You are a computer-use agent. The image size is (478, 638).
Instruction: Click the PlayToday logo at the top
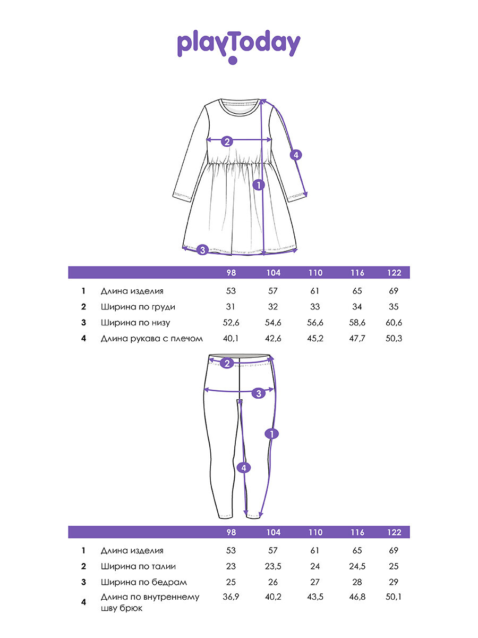tap(238, 46)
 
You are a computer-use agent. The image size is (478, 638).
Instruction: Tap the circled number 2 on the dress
tap(227, 141)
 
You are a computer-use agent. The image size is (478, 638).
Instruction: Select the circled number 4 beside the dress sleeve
tap(296, 155)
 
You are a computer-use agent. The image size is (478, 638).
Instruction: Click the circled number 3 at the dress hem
tap(202, 249)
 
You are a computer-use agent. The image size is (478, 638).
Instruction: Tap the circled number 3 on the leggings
tap(259, 393)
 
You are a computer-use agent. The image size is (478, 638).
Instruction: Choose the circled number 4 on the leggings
tap(243, 467)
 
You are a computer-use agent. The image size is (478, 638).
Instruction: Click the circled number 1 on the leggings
tap(271, 434)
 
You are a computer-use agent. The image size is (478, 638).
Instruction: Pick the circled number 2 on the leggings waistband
tap(227, 364)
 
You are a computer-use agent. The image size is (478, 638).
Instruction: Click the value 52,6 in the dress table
tap(231, 323)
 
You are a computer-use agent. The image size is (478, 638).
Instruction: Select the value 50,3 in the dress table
tap(394, 338)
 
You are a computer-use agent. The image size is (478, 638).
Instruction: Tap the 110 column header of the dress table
tap(315, 273)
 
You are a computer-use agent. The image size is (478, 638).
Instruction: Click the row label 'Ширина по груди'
tap(138, 307)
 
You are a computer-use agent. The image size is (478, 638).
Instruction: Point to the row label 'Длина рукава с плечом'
tap(152, 338)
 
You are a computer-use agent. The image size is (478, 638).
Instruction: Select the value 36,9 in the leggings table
tap(231, 597)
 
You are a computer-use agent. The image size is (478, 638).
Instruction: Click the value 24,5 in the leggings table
tap(357, 566)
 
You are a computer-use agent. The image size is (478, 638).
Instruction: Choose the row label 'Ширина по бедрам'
tap(143, 582)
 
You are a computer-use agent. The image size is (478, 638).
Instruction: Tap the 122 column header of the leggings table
tap(394, 532)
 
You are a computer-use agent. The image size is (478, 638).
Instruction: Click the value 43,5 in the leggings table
tap(315, 597)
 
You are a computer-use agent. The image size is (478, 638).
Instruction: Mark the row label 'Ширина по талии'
tap(138, 566)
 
